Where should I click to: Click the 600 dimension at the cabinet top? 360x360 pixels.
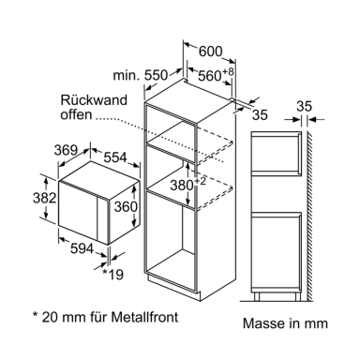[211, 52]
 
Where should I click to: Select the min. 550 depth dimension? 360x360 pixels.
[141, 75]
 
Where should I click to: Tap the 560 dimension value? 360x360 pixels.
[210, 76]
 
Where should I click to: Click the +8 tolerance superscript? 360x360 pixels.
[228, 72]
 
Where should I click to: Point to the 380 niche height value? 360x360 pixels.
[182, 186]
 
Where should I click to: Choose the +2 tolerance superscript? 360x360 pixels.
[201, 182]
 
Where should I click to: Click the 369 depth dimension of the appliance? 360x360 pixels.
[66, 150]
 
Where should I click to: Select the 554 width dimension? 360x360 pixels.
[115, 157]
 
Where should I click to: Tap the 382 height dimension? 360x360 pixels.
[44, 198]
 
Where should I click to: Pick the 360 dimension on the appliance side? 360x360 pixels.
[126, 206]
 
